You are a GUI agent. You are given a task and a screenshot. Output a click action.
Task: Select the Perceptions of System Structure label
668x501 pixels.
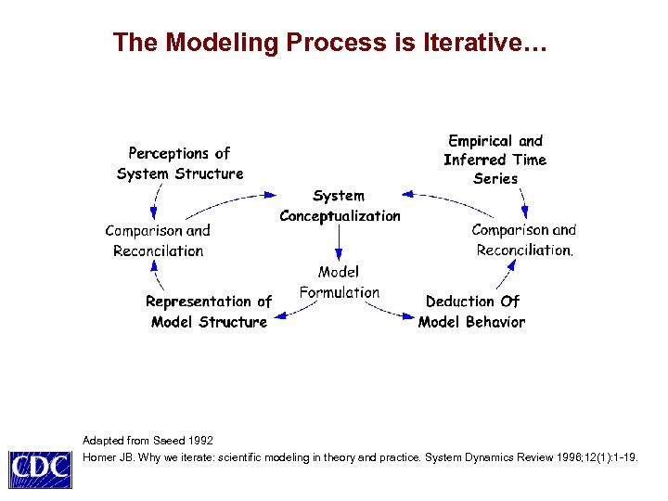pyautogui.click(x=180, y=163)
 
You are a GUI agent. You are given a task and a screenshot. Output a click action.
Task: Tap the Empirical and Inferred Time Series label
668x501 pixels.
pyautogui.click(x=495, y=160)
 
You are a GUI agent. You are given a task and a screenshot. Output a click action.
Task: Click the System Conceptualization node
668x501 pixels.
pyautogui.click(x=340, y=206)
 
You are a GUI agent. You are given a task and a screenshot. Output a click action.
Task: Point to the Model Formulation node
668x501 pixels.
pyautogui.click(x=340, y=282)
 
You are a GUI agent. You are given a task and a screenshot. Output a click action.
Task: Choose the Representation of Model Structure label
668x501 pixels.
pyautogui.click(x=209, y=312)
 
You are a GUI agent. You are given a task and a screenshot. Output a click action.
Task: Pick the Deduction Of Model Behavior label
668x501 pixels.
pyautogui.click(x=471, y=312)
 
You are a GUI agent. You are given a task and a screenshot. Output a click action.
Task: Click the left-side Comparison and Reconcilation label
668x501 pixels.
pyautogui.click(x=158, y=240)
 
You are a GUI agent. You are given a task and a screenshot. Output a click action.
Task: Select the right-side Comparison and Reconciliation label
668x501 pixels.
pyautogui.click(x=524, y=239)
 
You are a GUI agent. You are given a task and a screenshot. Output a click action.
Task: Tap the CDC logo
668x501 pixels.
pyautogui.click(x=40, y=469)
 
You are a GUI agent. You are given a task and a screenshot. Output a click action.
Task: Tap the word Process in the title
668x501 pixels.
pyautogui.click(x=334, y=43)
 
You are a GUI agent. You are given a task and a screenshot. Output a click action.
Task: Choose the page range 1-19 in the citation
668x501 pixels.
pyautogui.click(x=624, y=457)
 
